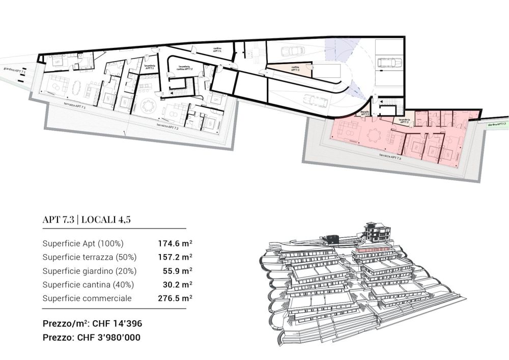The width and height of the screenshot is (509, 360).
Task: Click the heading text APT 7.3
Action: coord(59,220)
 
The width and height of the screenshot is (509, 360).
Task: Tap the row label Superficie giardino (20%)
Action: coord(90,271)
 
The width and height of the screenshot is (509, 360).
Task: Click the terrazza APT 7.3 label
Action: coord(389,157)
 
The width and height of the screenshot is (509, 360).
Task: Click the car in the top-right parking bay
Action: coord(389,63)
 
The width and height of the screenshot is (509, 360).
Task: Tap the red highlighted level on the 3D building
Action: coord(374,250)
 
